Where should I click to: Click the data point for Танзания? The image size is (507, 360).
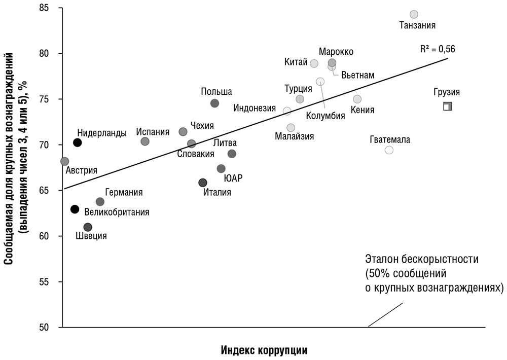[x=414, y=14]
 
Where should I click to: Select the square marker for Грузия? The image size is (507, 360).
[x=447, y=106]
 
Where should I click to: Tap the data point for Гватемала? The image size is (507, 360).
[x=389, y=150]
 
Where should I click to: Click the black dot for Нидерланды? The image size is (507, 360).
[x=77, y=142]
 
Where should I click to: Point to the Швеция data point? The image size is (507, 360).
[x=88, y=227]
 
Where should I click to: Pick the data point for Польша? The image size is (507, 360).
[x=214, y=103]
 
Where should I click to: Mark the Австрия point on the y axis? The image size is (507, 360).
[x=64, y=161]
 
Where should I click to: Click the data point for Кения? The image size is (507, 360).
[x=357, y=99]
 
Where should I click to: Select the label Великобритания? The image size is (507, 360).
[x=117, y=212]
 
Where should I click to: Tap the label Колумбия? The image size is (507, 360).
[x=325, y=115]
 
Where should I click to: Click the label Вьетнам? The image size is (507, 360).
[x=358, y=75]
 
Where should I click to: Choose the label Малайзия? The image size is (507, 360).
[x=294, y=136]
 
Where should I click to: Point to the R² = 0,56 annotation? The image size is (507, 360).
[x=438, y=49]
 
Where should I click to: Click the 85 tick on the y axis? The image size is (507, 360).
[x=50, y=9]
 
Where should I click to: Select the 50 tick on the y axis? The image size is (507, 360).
[x=50, y=327]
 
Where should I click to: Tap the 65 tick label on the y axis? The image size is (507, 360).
[x=50, y=190]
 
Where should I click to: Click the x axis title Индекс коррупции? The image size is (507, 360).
[x=264, y=350]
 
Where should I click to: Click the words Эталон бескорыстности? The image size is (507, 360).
[x=422, y=259]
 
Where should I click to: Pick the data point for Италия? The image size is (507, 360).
[x=203, y=183]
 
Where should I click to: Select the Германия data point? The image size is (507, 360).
[x=100, y=202]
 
